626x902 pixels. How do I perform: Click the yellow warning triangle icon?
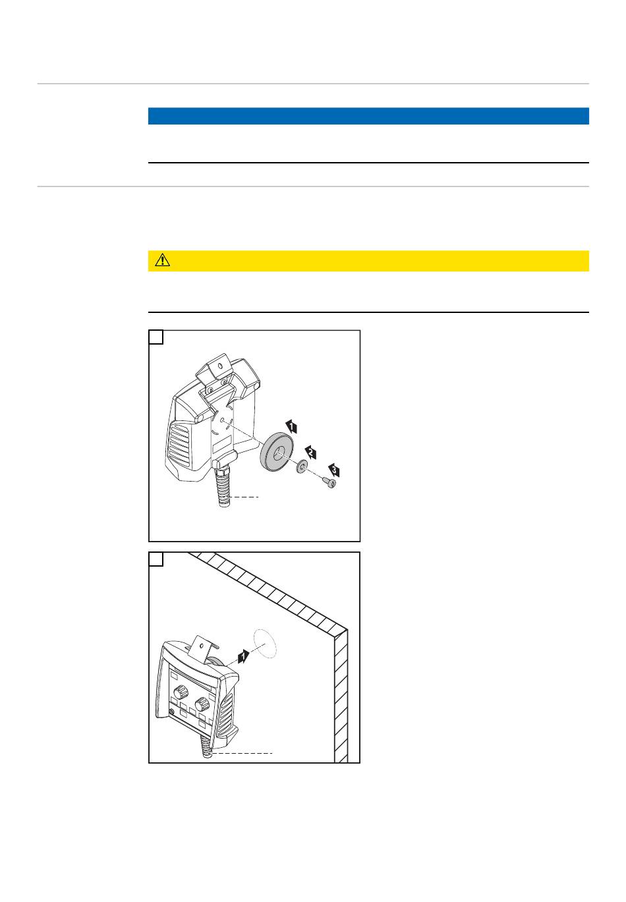162,260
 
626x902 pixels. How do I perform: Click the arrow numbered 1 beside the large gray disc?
291,426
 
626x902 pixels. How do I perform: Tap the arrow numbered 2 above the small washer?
310,452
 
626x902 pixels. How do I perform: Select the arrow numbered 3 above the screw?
333,470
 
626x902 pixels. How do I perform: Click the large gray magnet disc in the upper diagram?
277,451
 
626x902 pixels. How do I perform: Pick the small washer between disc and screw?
302,467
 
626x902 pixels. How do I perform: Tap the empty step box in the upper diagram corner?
156,337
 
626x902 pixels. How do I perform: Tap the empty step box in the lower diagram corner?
156,559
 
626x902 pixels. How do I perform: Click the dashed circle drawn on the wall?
265,644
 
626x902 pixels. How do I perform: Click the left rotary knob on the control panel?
180,692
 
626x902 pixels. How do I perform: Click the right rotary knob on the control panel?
202,704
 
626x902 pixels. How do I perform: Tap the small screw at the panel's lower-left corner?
171,713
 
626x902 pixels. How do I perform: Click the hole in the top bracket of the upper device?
219,366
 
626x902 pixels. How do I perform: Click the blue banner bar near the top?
368,116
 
